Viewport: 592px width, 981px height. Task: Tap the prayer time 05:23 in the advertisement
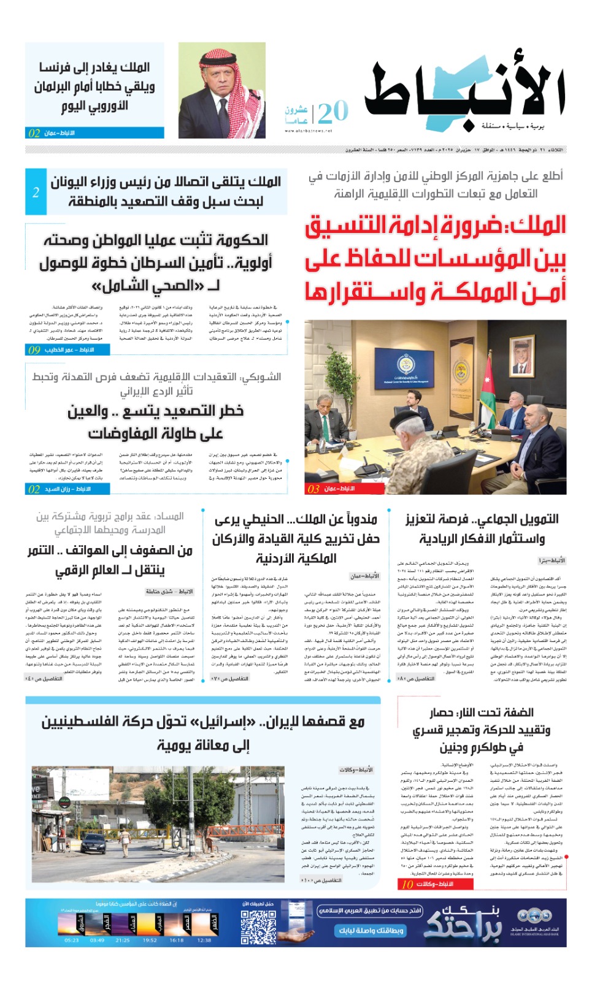[72, 940]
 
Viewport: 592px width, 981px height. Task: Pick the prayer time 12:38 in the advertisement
[204, 940]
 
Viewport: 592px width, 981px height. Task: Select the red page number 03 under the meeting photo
[313, 489]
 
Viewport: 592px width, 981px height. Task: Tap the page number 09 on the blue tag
[34, 349]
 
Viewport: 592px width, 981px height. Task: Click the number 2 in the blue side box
[36, 192]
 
